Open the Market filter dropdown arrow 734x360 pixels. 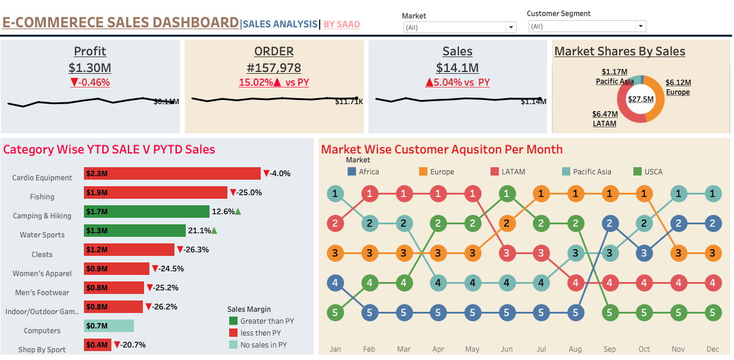click(x=510, y=27)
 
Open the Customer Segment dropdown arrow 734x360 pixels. click(x=640, y=26)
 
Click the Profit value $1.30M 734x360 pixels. click(x=90, y=68)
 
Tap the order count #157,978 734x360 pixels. click(x=274, y=68)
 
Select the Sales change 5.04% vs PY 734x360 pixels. click(x=457, y=82)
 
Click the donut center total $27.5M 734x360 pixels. click(x=641, y=99)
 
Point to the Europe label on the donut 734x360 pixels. click(x=678, y=92)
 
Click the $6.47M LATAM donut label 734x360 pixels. click(x=605, y=118)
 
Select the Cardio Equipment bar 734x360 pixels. click(x=172, y=173)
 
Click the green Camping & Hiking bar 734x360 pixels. click(x=146, y=211)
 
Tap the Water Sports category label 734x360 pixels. click(x=42, y=235)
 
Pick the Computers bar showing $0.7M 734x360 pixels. click(x=109, y=325)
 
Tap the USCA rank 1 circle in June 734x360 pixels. click(x=507, y=193)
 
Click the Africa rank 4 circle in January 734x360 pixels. click(x=336, y=282)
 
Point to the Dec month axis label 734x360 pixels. click(x=713, y=349)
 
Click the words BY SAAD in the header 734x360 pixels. click(x=342, y=24)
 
